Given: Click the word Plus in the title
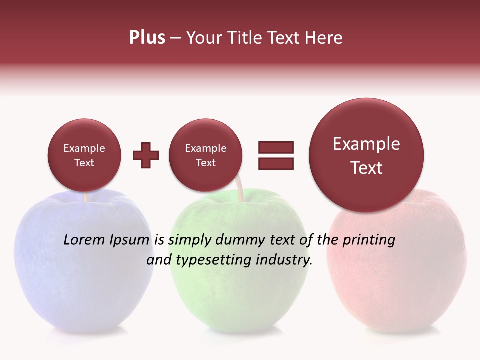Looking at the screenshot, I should (x=147, y=38).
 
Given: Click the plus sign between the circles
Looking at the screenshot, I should (x=146, y=155).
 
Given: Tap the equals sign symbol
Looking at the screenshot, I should (x=276, y=155).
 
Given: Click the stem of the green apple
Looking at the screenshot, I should (x=240, y=193).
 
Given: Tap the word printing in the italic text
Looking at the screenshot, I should (x=368, y=240).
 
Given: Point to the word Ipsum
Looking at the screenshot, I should (x=129, y=240).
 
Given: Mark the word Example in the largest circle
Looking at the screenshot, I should (x=366, y=144).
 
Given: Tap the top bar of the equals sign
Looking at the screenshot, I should (x=276, y=147).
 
